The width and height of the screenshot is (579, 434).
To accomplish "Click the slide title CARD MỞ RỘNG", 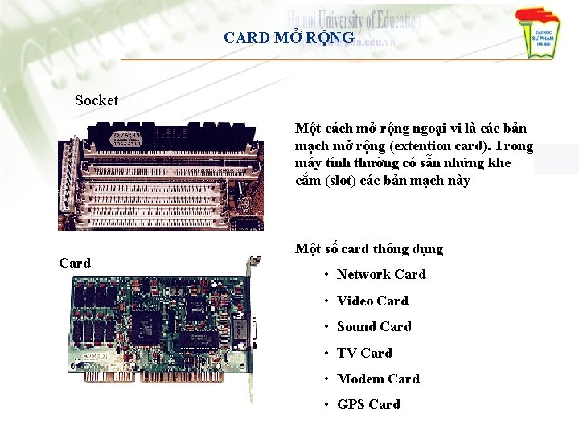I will point(289,38).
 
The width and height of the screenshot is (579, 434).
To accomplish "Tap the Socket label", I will point(96,100).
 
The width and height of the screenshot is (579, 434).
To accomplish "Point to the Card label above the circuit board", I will point(75,263).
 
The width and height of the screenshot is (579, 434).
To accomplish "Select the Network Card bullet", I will point(381,275).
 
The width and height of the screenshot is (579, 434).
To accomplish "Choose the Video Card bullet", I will point(372,301).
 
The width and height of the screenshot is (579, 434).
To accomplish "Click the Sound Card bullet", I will point(374,326).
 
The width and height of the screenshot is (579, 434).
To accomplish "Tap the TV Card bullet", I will point(364,353).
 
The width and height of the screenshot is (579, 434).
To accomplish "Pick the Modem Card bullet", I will point(378,379).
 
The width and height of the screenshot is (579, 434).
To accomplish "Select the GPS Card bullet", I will point(368,404).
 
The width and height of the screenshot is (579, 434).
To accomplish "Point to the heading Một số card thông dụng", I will point(368,249).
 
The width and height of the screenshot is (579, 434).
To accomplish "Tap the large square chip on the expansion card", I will point(147,322).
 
